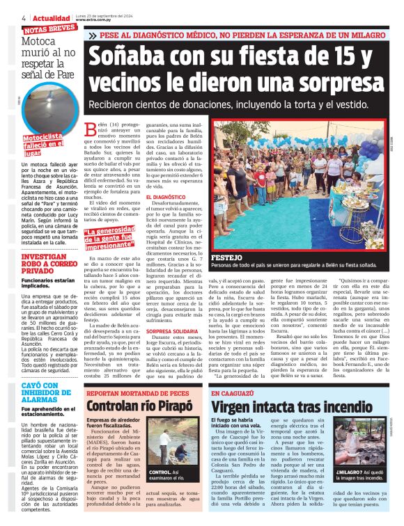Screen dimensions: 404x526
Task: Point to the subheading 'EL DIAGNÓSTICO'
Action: [146, 199]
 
